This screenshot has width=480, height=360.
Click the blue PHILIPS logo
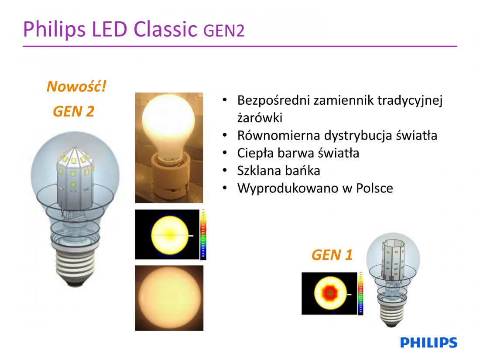[x=429, y=343]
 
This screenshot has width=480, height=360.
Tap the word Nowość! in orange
[x=76, y=86]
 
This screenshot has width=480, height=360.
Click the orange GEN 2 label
[x=73, y=111]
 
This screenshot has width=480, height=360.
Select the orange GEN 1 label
[x=332, y=255]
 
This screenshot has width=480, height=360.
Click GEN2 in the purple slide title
[x=224, y=31]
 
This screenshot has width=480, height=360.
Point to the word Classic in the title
[x=165, y=29]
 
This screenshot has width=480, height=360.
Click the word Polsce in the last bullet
[x=374, y=188]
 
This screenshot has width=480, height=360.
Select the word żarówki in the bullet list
[x=260, y=118]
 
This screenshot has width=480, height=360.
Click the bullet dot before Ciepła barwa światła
[x=225, y=152]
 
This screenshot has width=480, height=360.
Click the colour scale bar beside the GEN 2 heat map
[x=203, y=235]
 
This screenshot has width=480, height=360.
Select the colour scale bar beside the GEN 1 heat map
[x=360, y=293]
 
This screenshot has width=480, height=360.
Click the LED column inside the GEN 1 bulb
[x=393, y=260]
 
